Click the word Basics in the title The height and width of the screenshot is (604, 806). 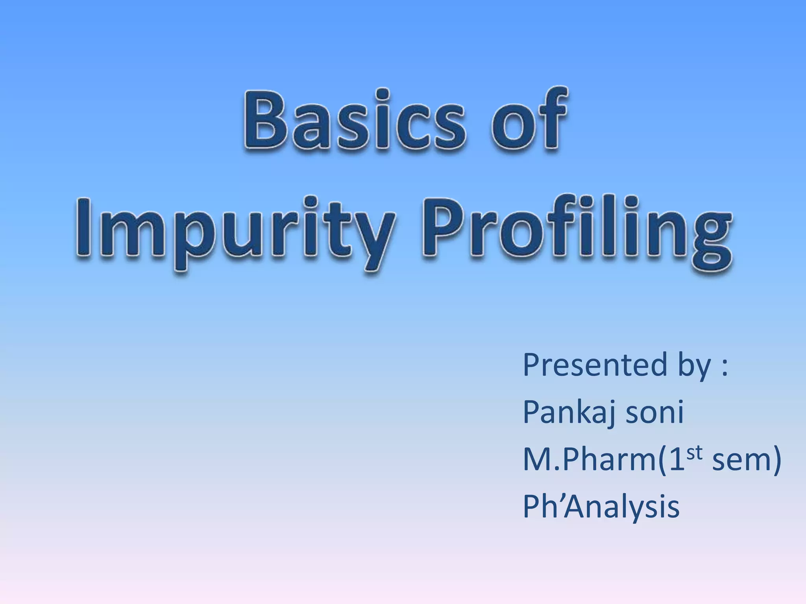pos(354,120)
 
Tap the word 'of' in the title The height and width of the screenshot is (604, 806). pos(529,120)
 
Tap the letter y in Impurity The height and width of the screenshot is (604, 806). pos(372,240)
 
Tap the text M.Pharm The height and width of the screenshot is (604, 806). pos(586,460)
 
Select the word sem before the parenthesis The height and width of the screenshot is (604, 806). pos(740,461)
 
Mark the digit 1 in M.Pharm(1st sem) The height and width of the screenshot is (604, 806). pos(676,460)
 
